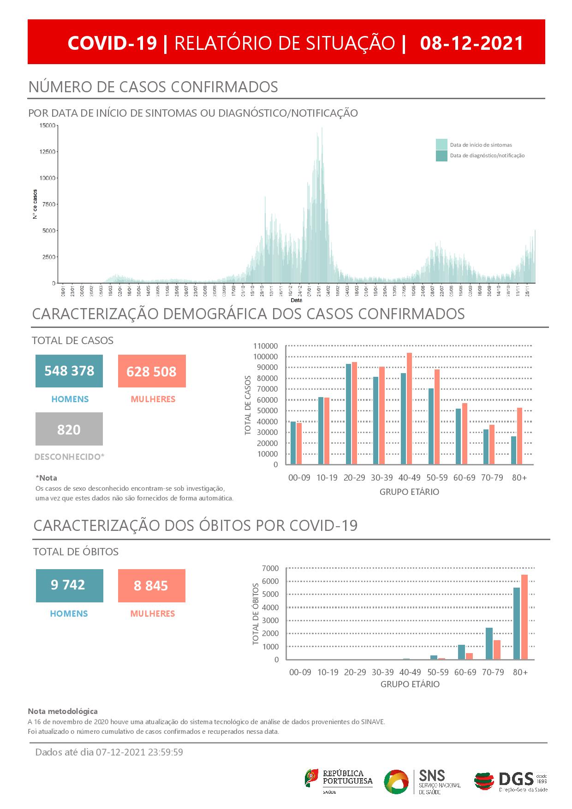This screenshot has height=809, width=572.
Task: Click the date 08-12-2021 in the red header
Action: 472,43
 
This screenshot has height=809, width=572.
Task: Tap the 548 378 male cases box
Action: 69,371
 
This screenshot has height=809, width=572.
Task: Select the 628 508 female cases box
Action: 152,371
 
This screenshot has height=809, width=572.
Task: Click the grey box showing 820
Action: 69,429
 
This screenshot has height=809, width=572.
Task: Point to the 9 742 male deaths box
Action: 69,585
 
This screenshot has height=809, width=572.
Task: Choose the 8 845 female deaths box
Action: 151,586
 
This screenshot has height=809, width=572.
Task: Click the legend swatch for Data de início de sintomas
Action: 441,144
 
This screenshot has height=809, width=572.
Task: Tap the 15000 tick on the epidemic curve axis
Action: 48,125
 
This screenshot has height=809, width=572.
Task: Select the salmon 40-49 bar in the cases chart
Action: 409,408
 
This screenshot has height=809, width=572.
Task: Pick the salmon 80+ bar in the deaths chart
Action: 524,617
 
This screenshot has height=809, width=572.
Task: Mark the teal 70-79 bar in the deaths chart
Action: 489,643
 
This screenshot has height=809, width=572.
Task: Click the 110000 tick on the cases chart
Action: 265,346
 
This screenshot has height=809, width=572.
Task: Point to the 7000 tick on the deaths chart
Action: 270,568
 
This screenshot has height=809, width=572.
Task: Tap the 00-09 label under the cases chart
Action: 299,478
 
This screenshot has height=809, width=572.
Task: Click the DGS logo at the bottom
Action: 511,781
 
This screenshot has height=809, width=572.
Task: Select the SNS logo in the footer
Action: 422,781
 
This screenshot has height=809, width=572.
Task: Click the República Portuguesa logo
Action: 339,780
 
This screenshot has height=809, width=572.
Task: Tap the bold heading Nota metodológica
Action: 63,711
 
